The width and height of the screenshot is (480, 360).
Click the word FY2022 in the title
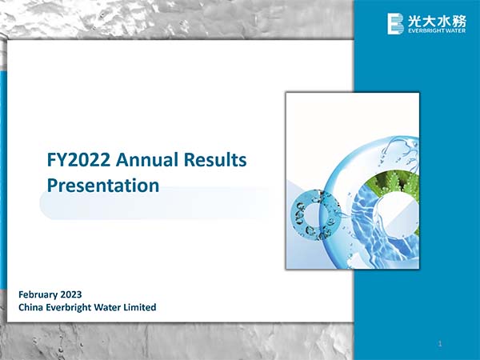point(78,160)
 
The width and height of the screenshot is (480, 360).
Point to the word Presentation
point(103,186)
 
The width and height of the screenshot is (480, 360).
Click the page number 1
point(440,344)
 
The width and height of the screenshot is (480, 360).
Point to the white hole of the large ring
point(395,214)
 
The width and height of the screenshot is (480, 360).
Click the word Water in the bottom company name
point(109,307)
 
